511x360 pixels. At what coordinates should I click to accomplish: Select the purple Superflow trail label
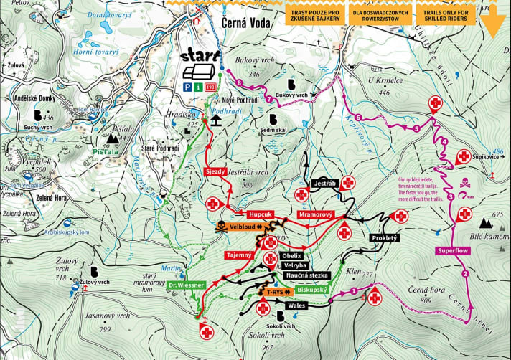point(453,251)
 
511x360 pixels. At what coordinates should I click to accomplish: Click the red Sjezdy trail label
point(216,172)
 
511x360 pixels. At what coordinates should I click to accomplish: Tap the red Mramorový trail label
point(316,214)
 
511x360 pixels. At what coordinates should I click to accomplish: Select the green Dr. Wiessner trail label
point(187,285)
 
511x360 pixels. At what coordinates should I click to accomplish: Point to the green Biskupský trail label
point(311,290)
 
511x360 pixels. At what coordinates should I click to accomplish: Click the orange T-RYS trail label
point(274,293)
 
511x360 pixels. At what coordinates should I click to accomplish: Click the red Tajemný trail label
point(238,255)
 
